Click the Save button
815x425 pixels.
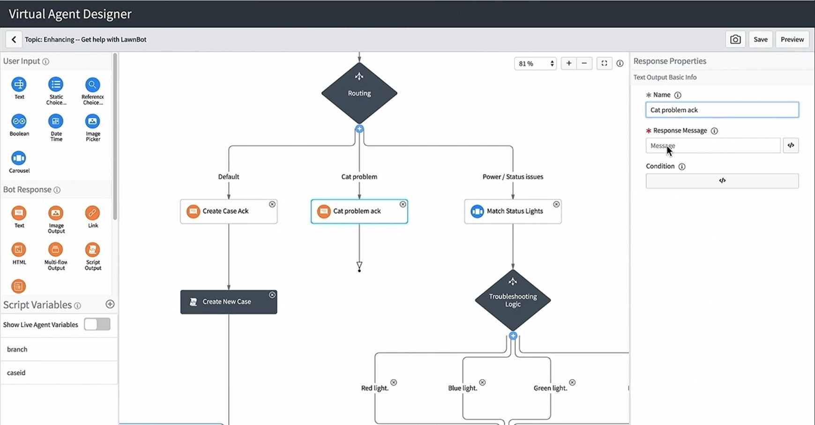click(x=760, y=39)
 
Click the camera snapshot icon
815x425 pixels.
click(x=735, y=39)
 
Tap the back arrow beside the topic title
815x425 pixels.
click(x=14, y=39)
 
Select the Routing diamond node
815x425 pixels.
click(x=359, y=93)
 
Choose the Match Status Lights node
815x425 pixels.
click(x=513, y=211)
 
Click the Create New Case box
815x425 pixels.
click(x=228, y=302)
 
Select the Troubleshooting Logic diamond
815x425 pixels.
click(x=513, y=300)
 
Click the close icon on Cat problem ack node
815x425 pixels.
click(x=403, y=204)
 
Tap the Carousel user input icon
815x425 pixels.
click(x=19, y=158)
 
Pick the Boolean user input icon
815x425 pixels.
click(x=19, y=121)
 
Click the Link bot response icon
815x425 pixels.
click(x=92, y=213)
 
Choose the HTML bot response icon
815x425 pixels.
click(x=19, y=250)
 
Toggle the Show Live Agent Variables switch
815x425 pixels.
click(x=97, y=324)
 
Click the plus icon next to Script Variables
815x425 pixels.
click(x=110, y=304)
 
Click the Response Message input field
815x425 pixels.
click(x=712, y=145)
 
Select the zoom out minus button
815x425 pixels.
click(x=584, y=63)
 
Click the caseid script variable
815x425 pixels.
click(x=16, y=372)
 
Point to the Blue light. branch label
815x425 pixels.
click(x=462, y=388)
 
